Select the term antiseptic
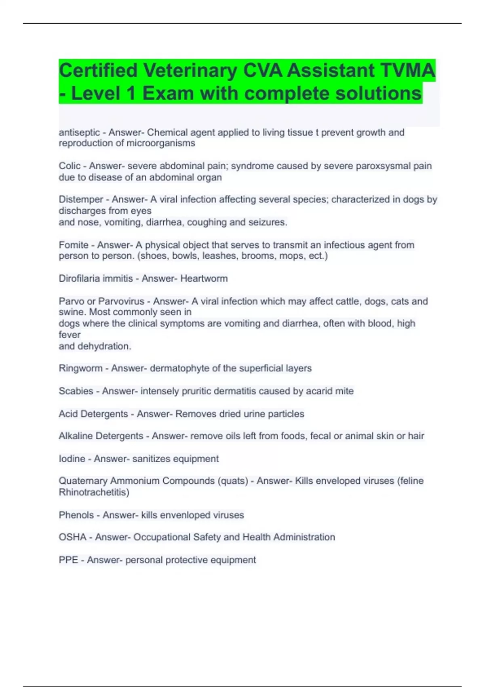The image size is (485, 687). point(79,133)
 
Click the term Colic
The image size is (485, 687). point(70,166)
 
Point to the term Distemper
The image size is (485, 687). point(81,200)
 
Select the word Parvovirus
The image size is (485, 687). point(121,301)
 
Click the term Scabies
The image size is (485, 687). point(76,391)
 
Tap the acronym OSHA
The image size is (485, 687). point(73,537)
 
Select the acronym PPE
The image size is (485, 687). point(68,560)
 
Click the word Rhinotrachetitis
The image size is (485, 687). point(94,493)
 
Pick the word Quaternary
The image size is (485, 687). point(83,481)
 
